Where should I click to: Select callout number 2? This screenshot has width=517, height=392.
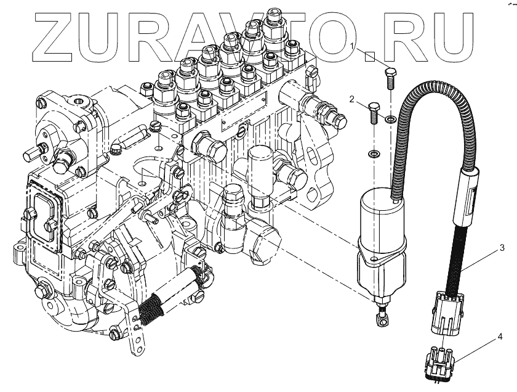[x=351, y=99]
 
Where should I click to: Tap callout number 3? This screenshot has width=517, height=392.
[x=502, y=248]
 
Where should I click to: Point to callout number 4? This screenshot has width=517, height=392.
[x=500, y=337]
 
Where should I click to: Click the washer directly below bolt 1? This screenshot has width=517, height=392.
[x=390, y=118]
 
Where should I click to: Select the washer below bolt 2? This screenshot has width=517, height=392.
[x=373, y=152]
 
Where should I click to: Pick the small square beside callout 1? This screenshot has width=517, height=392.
[x=369, y=56]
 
